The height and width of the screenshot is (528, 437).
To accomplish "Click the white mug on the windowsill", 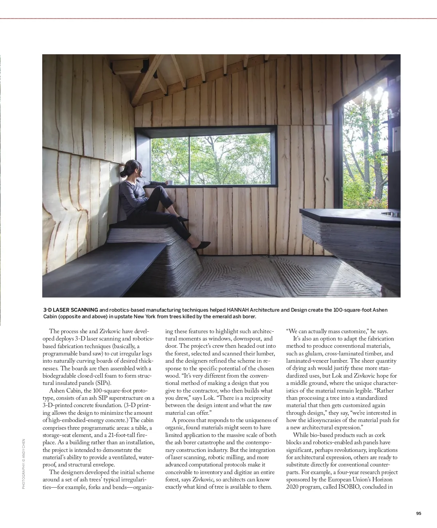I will pos(170,182).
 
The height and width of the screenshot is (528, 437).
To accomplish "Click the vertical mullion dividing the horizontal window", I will pos(189,159).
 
